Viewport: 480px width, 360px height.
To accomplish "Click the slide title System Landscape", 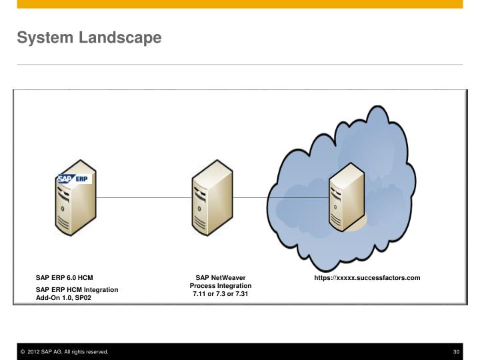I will pos(89,38).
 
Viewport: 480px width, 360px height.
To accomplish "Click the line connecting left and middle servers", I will pos(143,198).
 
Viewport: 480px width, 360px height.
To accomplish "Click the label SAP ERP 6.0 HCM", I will pos(65,277).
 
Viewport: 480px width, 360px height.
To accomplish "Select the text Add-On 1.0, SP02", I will pos(63,298).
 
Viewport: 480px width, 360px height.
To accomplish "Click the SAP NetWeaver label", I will pos(221,277).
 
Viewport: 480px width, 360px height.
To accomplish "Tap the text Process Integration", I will pos(221,285).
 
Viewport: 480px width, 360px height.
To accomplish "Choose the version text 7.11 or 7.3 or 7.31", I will pos(221,293).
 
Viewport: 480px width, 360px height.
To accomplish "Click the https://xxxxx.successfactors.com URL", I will pos(367,277).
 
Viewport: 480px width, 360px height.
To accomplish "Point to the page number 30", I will pos(457,351).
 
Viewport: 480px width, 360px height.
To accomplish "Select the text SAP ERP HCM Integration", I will pos(77,289).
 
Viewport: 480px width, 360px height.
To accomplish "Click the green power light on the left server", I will pos(63,209).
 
